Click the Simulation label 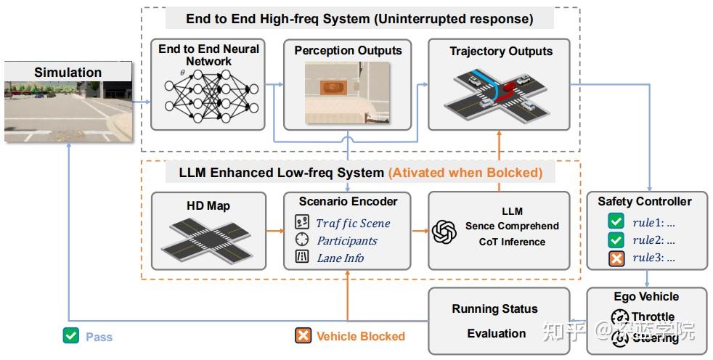point(68,72)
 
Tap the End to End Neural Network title point(208,55)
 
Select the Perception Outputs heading point(348,51)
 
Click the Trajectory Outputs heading point(501,52)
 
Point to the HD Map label point(208,206)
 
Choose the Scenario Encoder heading point(348,201)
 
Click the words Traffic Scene point(353,224)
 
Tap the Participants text point(347,240)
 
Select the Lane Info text point(341,258)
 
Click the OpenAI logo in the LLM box point(444,232)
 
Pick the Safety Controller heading point(645,201)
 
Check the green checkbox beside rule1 point(616,221)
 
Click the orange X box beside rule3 point(616,257)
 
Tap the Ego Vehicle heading point(646,297)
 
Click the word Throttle point(653,316)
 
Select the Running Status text point(495,309)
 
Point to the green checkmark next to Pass point(70,336)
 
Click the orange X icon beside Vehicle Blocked point(303,335)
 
